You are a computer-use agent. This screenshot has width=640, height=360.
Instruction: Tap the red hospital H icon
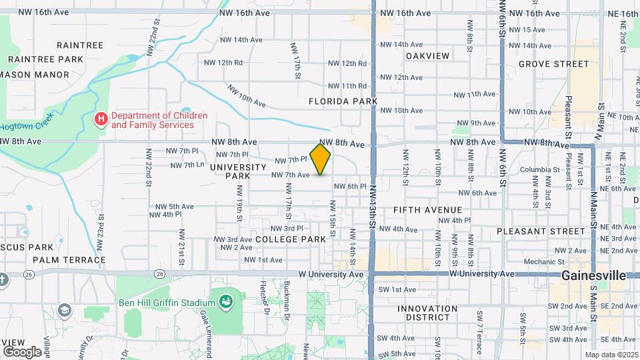101,120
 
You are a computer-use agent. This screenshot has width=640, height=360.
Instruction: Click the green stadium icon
225,302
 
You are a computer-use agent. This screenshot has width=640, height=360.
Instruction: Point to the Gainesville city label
593,275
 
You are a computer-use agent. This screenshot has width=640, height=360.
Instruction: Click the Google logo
22,351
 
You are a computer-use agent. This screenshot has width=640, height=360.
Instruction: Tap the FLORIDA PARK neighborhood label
343,101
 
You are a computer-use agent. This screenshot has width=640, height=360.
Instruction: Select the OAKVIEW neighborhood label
427,55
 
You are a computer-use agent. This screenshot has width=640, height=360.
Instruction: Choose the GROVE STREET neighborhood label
553,64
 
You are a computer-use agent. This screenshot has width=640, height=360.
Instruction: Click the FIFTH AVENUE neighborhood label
427,210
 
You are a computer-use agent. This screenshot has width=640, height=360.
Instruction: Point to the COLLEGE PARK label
290,239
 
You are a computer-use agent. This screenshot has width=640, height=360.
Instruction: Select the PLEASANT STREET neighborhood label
541,231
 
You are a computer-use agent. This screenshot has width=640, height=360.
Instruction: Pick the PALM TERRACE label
69,259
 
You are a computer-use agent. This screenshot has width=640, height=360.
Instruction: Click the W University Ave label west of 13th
331,274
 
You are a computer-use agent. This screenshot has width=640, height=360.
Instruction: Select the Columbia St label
534,169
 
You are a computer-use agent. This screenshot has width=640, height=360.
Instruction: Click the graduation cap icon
64,310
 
